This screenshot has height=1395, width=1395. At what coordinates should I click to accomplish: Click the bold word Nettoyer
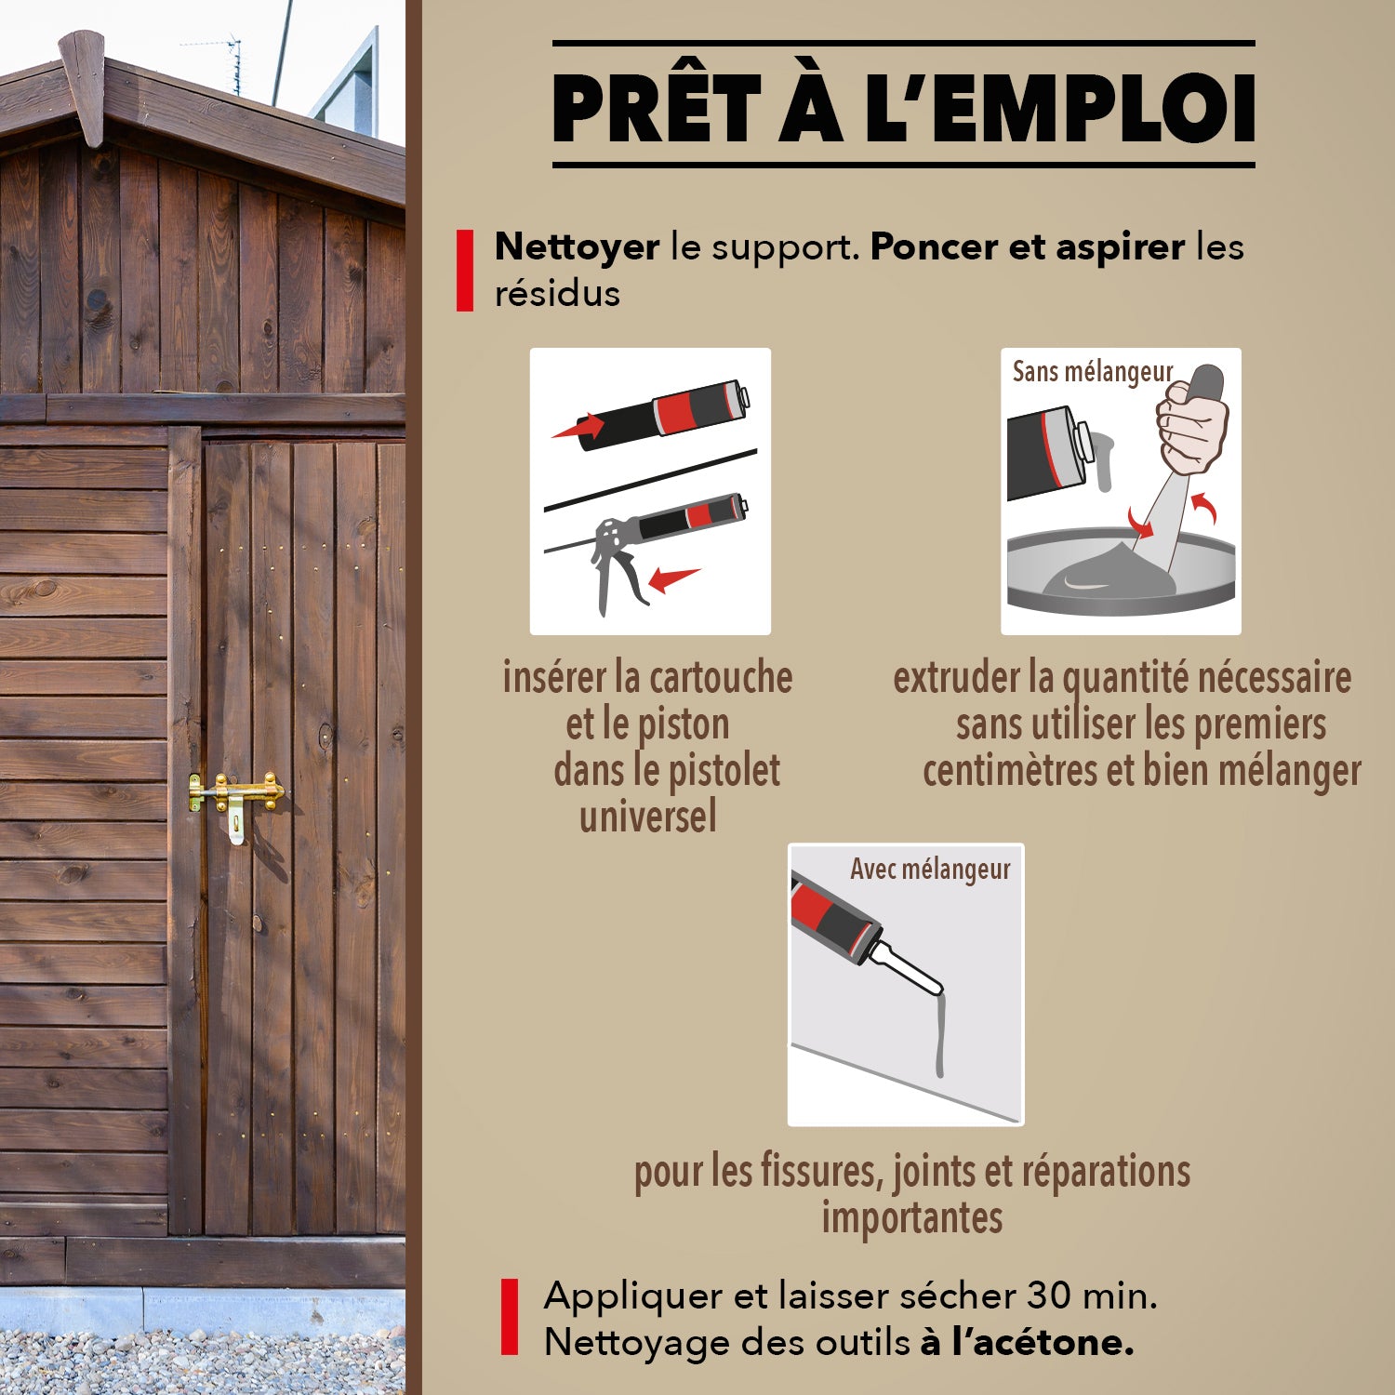coord(577,246)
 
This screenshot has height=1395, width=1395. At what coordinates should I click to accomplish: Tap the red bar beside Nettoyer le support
coord(465,271)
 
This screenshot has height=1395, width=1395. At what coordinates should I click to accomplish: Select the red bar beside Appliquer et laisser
coord(509,1316)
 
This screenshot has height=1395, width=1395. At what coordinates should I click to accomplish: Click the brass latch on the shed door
coord(236,795)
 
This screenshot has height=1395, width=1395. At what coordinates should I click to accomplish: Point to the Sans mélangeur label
coord(1092,372)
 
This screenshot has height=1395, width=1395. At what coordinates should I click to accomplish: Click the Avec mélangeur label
coord(929,870)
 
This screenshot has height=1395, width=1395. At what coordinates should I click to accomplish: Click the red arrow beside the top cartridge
coord(578,428)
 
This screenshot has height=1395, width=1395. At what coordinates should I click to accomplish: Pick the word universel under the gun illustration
coord(648,817)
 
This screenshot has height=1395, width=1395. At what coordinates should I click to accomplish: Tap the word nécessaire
coord(1273,678)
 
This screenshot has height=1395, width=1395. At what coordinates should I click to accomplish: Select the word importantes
coord(911,1218)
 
